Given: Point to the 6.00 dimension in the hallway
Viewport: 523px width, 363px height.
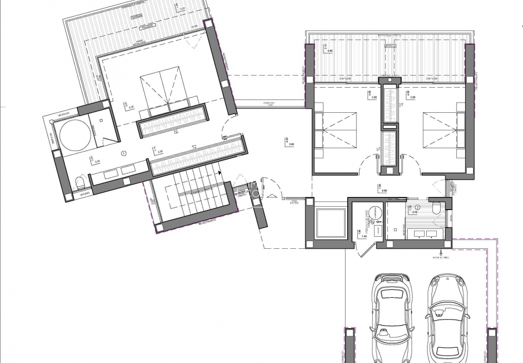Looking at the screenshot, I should click(384, 191).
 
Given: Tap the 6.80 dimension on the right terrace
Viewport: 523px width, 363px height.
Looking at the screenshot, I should click(330, 50).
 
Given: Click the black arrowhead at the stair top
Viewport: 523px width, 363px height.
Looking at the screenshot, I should click(219, 171).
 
